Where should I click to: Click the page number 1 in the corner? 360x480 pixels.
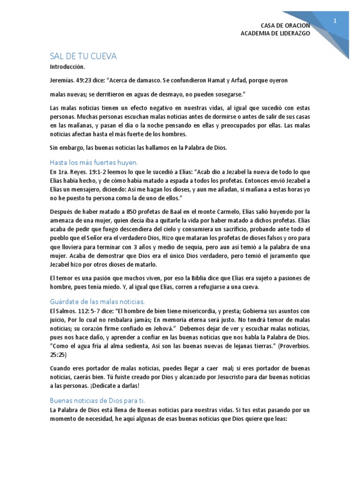[335, 21]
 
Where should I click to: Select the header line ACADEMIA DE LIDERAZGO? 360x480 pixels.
[275, 33]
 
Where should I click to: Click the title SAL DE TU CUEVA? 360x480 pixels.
[83, 56]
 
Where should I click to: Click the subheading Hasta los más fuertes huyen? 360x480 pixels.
[94, 162]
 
